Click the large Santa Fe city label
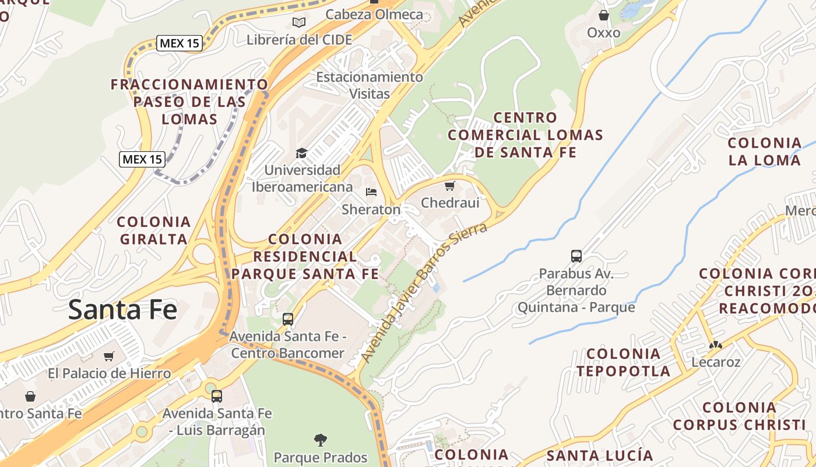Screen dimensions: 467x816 pos(122,309)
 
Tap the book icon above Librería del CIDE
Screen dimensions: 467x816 pos(299,22)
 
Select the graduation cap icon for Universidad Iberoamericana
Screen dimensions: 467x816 pos(301,153)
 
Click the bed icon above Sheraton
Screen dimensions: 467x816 pos(371,191)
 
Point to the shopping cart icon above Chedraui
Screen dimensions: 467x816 pos(449,186)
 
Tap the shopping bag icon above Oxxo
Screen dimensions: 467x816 pos(604,15)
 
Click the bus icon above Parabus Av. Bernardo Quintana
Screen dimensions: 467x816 pos(576,256)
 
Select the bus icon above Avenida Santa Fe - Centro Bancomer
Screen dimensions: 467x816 pos(287,319)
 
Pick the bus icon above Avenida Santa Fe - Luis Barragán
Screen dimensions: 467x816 pos(217,396)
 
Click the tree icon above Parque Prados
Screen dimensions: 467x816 pos(320,440)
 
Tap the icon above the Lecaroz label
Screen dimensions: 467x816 pos(715,344)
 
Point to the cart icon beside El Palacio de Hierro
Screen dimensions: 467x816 pos(108,356)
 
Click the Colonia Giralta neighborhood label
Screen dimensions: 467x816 pos(154,230)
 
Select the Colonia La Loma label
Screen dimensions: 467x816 pos(765,151)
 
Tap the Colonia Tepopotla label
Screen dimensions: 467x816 pos(623,362)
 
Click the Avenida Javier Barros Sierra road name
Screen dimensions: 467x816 pos(424,292)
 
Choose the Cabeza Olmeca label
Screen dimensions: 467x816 pos(374,15)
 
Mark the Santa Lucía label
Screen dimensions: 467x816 pos(600,455)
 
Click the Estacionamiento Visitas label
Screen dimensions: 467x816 pos(370,85)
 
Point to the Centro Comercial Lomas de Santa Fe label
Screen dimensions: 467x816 pos(525,135)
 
